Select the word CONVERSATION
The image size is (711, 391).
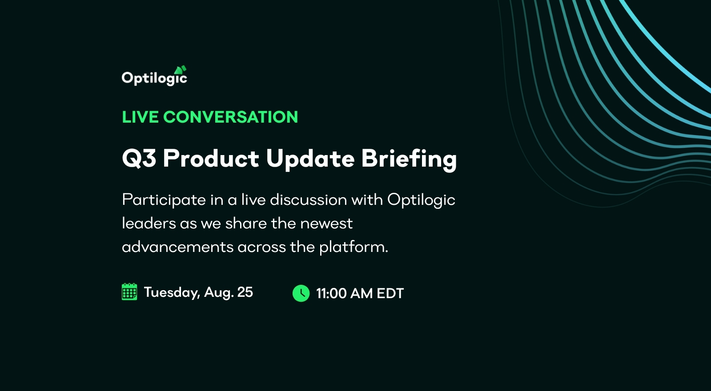230,117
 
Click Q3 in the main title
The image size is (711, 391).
139,158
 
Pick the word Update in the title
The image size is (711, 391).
310,159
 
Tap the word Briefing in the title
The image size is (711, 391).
409,159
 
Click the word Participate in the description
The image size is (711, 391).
164,200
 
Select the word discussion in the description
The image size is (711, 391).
308,200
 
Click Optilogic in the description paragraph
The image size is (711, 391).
421,200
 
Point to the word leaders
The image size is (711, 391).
149,223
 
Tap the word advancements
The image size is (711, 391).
177,247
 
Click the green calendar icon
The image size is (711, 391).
129,292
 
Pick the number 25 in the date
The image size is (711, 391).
245,292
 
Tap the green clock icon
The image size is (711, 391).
301,293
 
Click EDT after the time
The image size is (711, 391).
390,293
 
